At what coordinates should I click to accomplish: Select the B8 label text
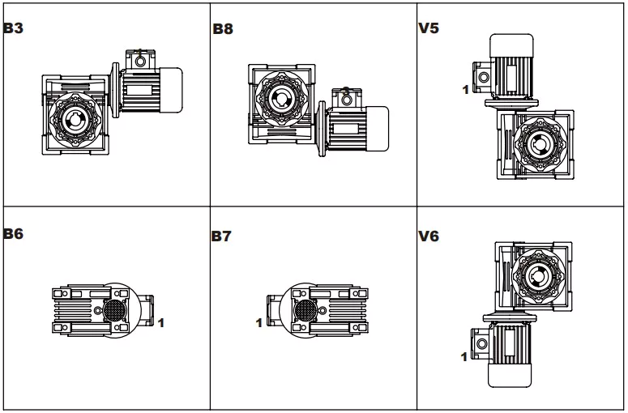(x=223, y=29)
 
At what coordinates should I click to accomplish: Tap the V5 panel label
(x=429, y=27)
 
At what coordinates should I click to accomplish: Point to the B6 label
(x=13, y=234)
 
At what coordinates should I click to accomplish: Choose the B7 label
(x=222, y=237)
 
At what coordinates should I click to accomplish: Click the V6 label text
(x=429, y=237)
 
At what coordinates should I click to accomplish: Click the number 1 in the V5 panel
(x=465, y=90)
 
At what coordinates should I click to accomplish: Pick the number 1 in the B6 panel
(x=161, y=323)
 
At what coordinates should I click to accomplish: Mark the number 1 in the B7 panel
(x=258, y=323)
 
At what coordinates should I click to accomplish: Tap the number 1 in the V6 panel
(x=464, y=356)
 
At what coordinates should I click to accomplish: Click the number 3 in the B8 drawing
(x=345, y=92)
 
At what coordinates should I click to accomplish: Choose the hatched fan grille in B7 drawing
(x=305, y=310)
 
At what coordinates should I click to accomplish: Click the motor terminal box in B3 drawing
(x=139, y=58)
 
